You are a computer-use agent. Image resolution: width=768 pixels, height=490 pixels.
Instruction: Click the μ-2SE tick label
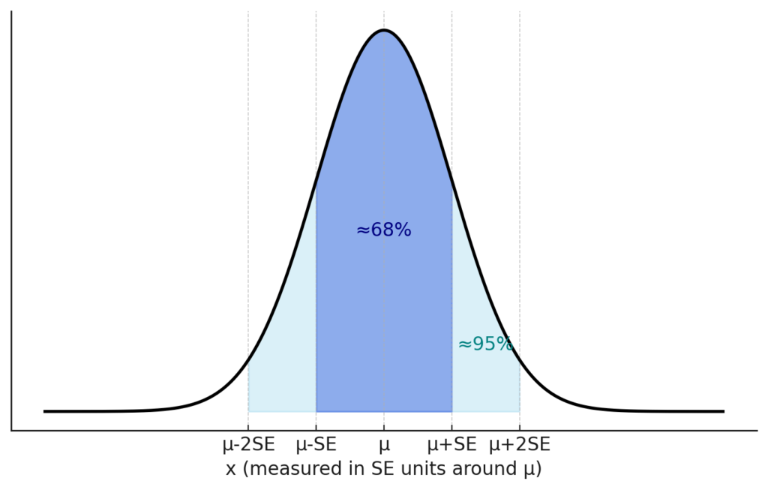click(x=249, y=445)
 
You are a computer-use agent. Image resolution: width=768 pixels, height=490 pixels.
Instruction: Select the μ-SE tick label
click(x=316, y=445)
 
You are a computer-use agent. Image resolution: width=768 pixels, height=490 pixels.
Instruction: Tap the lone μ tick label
click(x=384, y=446)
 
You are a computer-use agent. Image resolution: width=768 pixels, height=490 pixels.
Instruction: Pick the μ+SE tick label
click(x=451, y=445)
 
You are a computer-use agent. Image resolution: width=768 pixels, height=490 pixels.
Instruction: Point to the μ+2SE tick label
click(x=520, y=445)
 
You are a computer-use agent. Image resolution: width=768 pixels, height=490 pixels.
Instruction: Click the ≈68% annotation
click(x=383, y=230)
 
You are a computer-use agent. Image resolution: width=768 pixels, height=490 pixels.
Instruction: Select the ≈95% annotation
click(x=485, y=344)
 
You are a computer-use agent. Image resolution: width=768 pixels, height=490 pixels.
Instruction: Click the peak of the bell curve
click(x=384, y=31)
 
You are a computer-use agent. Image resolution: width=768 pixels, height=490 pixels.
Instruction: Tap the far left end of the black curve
click(x=45, y=411)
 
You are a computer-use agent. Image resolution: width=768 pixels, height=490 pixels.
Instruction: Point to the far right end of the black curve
click(x=724, y=411)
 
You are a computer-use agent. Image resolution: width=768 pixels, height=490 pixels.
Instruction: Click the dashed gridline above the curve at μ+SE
click(x=451, y=90)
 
